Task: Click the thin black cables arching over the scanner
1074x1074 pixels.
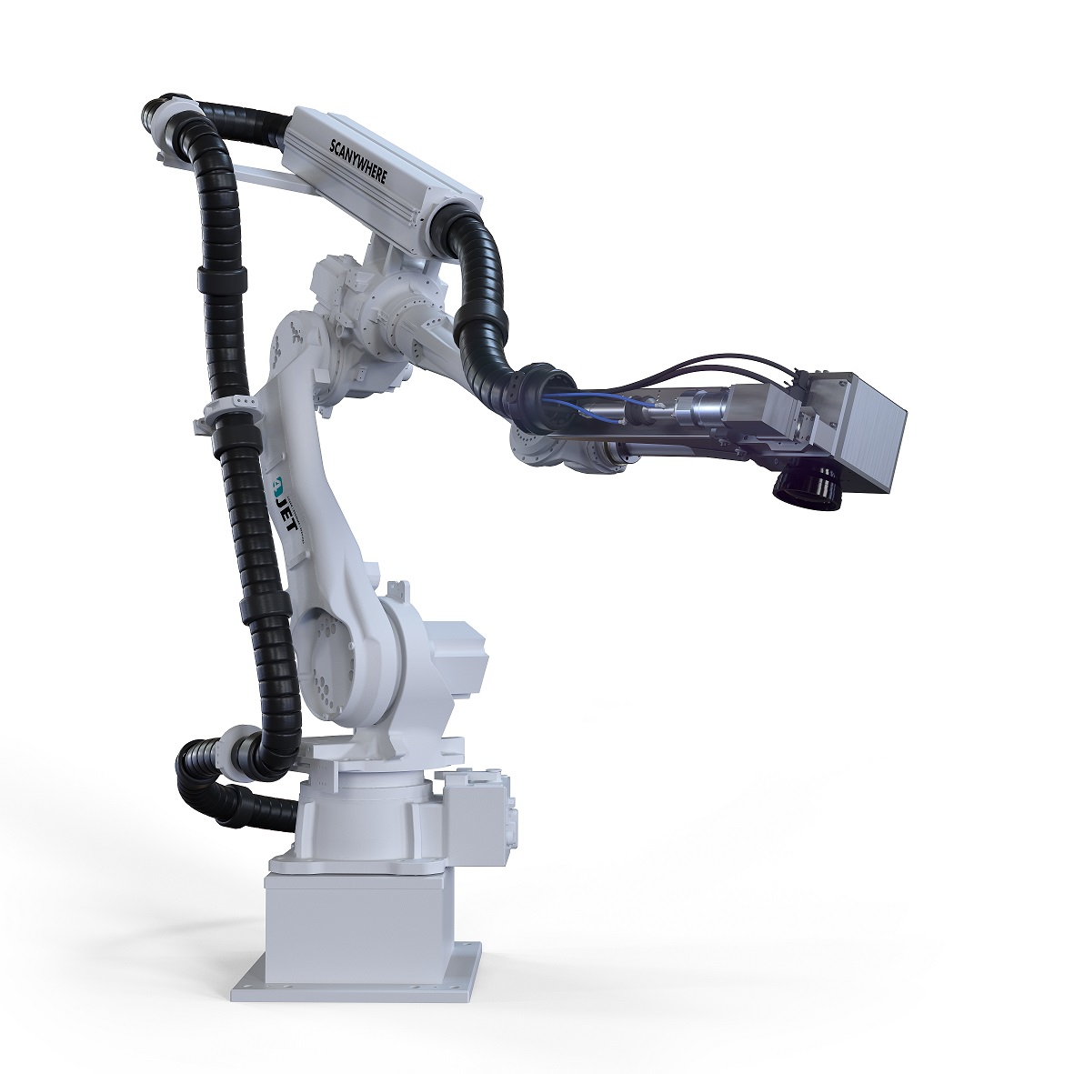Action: click(718, 364)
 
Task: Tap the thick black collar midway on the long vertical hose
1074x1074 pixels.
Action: click(219, 272)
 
